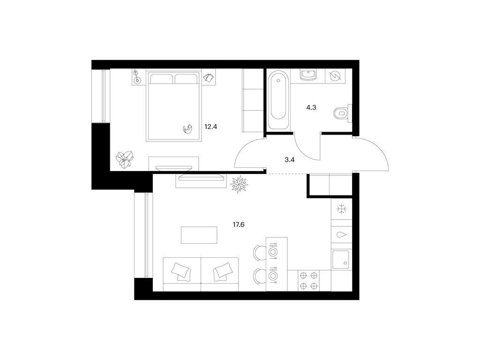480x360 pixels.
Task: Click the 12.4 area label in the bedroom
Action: [x=210, y=127]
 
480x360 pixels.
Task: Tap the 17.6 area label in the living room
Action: [x=239, y=225]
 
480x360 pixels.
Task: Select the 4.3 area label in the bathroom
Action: [x=311, y=107]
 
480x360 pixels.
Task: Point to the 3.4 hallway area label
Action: [x=289, y=159]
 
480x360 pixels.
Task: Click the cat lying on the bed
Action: [x=187, y=129]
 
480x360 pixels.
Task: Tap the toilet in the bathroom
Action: [x=342, y=113]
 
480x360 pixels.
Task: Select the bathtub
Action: [x=278, y=100]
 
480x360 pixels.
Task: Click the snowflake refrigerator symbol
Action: [x=341, y=209]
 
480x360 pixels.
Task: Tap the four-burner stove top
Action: [x=309, y=281]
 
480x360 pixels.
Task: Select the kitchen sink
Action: [x=341, y=260]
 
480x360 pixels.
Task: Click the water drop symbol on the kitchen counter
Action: [x=341, y=235]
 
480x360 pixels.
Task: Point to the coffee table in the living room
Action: [x=199, y=235]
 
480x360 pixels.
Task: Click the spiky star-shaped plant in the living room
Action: [x=239, y=184]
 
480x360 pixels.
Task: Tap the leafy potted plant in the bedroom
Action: [x=125, y=159]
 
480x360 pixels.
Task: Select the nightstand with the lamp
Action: [x=137, y=77]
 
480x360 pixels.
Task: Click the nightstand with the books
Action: [x=209, y=77]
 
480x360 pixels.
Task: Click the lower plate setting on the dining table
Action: [x=272, y=276]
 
